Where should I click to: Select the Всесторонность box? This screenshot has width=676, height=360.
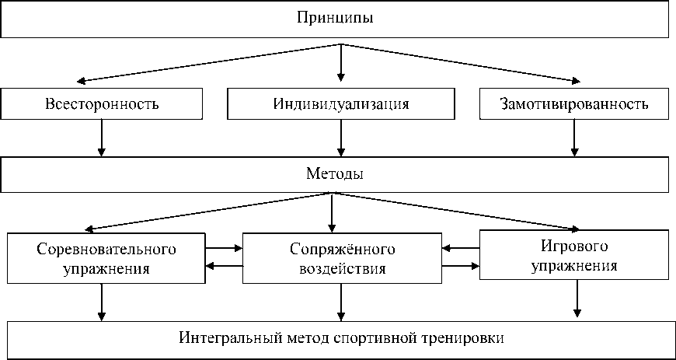[x=103, y=103]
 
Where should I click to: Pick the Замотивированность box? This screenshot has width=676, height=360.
[x=574, y=103]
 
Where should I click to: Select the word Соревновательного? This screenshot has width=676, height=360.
[x=106, y=250]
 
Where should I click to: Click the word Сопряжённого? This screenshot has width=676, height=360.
[x=343, y=250]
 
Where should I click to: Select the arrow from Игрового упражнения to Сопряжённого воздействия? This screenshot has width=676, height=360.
[x=460, y=249]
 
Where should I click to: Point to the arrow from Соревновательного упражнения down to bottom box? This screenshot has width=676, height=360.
[x=102, y=302]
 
